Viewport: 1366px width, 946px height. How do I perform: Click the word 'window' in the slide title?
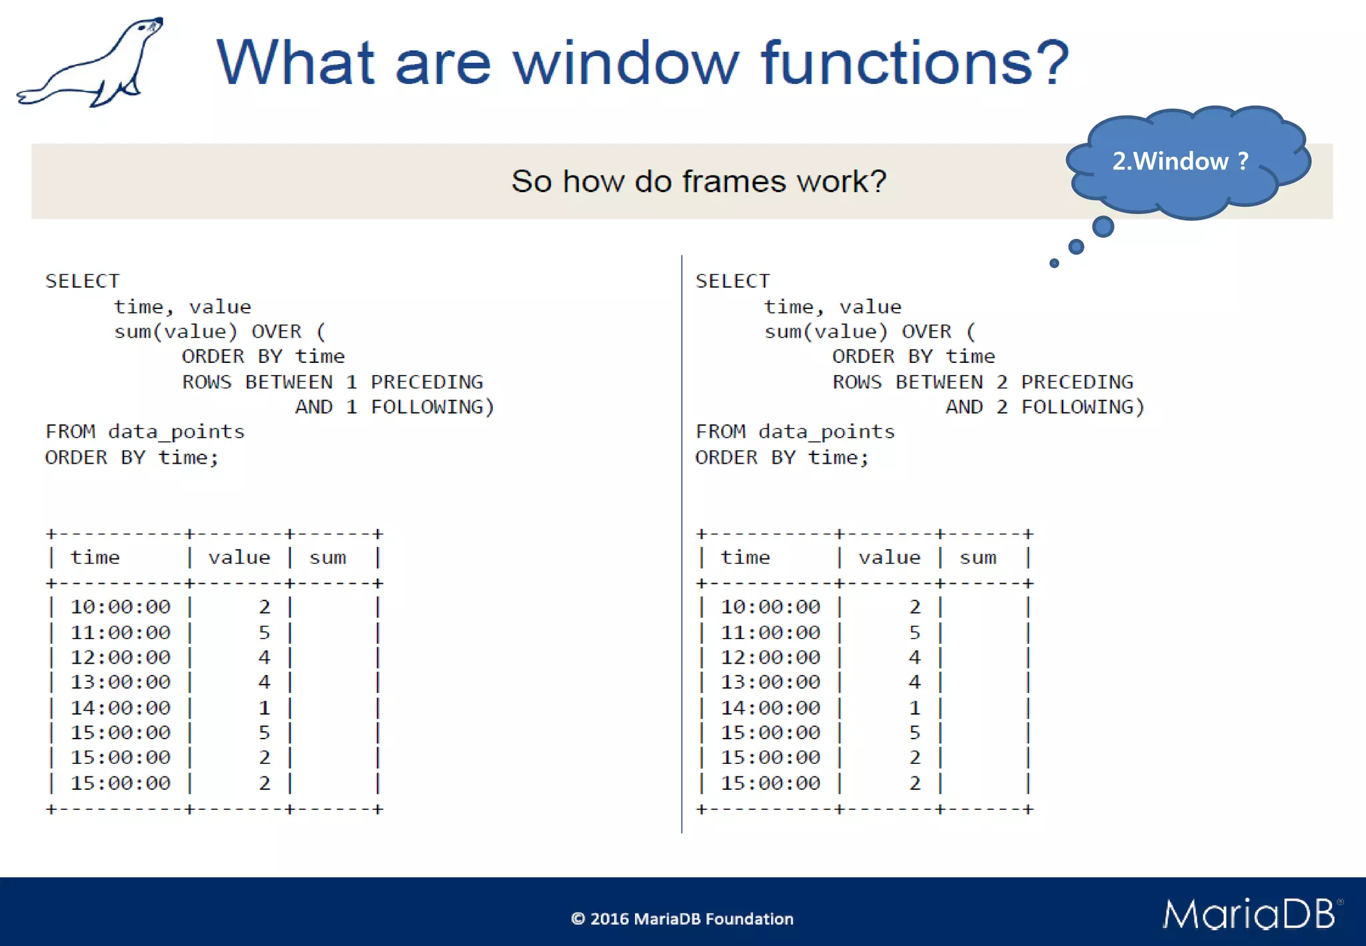click(626, 63)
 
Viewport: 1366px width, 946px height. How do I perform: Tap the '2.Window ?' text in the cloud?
click(1180, 161)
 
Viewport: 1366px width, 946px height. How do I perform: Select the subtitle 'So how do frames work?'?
click(698, 181)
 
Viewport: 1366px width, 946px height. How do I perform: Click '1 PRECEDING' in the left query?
click(414, 382)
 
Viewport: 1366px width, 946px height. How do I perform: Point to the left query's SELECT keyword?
click(82, 281)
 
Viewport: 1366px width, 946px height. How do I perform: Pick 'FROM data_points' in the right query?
click(794, 432)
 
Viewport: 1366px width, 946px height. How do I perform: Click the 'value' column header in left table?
click(239, 557)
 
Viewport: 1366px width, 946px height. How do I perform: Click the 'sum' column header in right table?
click(978, 557)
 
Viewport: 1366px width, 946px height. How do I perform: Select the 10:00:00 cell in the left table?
click(121, 606)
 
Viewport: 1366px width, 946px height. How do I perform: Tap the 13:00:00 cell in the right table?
click(770, 682)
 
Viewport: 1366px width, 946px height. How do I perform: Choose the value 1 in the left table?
click(264, 707)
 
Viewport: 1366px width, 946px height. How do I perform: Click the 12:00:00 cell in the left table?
click(121, 657)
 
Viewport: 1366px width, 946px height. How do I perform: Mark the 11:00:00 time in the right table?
click(770, 632)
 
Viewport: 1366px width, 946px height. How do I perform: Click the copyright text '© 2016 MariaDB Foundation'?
click(682, 919)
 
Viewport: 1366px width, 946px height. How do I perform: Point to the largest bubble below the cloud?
click(1103, 227)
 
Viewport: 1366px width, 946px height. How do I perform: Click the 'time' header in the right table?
click(745, 557)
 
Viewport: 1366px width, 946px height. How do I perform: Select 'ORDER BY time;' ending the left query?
click(131, 458)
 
